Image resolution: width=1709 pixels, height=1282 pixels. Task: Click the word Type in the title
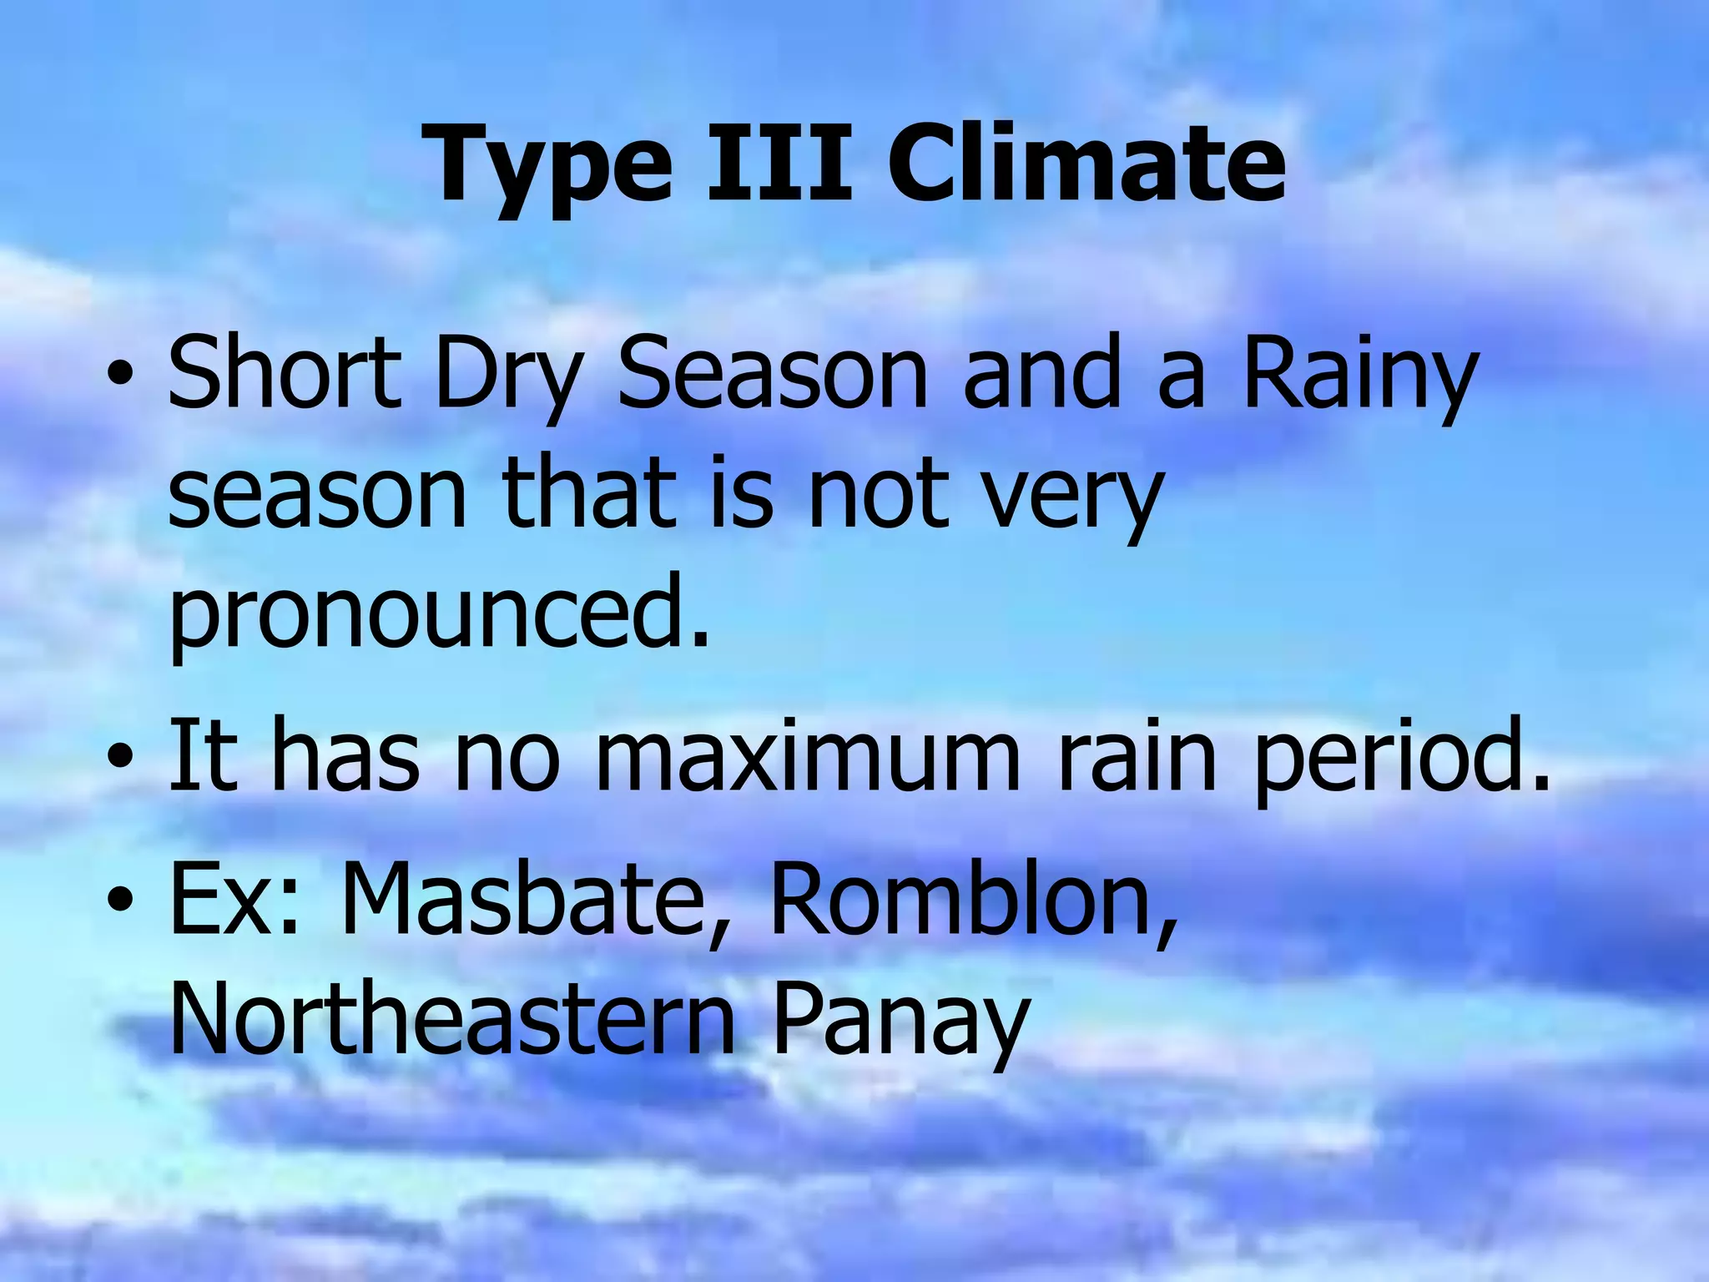[552, 167]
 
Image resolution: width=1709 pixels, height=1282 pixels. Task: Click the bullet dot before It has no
[121, 759]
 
